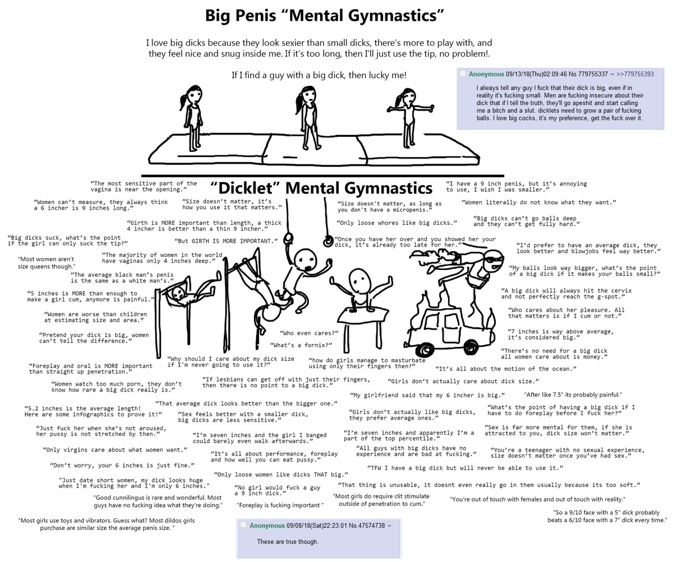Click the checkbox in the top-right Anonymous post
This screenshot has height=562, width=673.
pyautogui.click(x=463, y=73)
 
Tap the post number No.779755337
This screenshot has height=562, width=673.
pyautogui.click(x=588, y=74)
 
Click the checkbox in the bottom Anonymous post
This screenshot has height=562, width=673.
pyautogui.click(x=243, y=525)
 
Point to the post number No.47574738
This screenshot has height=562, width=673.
pyautogui.click(x=367, y=526)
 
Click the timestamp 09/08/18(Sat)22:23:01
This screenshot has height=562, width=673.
pyautogui.click(x=317, y=526)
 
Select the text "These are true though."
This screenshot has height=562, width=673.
pyautogui.click(x=288, y=542)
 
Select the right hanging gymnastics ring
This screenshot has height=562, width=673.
pyautogui.click(x=328, y=241)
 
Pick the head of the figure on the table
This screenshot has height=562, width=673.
pyautogui.click(x=358, y=280)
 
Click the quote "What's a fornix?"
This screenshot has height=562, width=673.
pyautogui.click(x=301, y=345)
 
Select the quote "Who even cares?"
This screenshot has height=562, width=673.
pyautogui.click(x=309, y=333)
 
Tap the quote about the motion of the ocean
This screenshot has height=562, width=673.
pyautogui.click(x=506, y=369)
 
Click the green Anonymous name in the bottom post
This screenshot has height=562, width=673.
pyautogui.click(x=267, y=526)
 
